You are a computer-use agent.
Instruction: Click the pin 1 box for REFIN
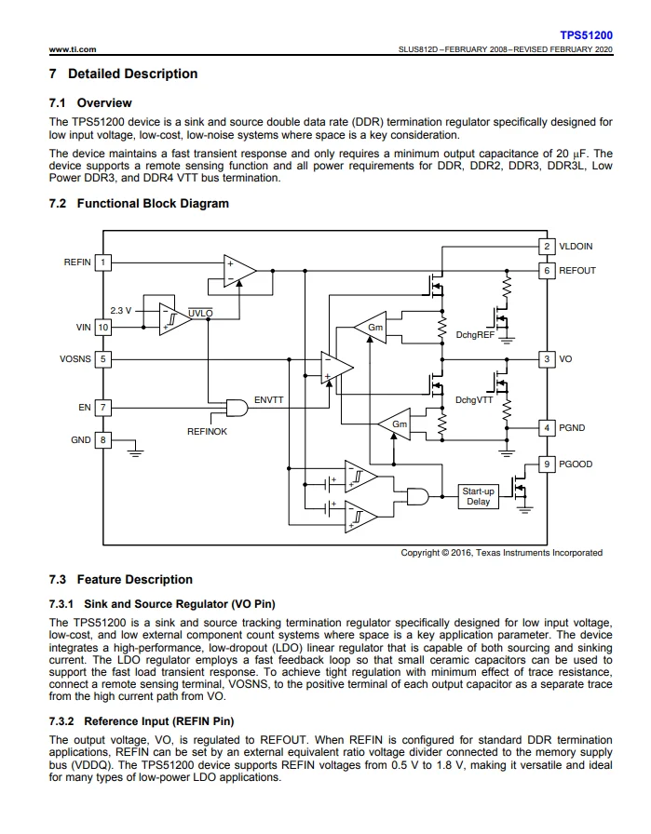pyautogui.click(x=103, y=262)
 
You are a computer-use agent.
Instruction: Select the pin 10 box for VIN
pyautogui.click(x=103, y=328)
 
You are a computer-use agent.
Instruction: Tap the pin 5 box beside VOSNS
pyautogui.click(x=103, y=358)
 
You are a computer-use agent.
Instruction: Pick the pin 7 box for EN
pyautogui.click(x=103, y=408)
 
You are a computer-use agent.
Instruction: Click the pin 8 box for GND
pyautogui.click(x=103, y=439)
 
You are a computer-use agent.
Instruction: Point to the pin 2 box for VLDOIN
pyautogui.click(x=548, y=247)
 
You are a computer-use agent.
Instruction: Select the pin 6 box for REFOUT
pyautogui.click(x=548, y=271)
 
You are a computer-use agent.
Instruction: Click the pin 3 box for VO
pyautogui.click(x=548, y=358)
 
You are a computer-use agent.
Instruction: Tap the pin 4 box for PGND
pyautogui.click(x=548, y=428)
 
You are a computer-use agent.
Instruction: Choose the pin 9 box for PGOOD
pyautogui.click(x=548, y=464)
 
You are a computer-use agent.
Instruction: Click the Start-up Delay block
pyautogui.click(x=479, y=496)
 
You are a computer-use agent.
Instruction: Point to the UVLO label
pyautogui.click(x=199, y=314)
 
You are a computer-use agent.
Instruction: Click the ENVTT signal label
pyautogui.click(x=269, y=399)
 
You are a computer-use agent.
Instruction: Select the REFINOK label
pyautogui.click(x=207, y=432)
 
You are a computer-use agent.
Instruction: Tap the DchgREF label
pyautogui.click(x=475, y=334)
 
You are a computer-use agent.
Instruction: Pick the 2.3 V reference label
pyautogui.click(x=121, y=310)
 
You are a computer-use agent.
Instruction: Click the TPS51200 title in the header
pyautogui.click(x=586, y=34)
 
